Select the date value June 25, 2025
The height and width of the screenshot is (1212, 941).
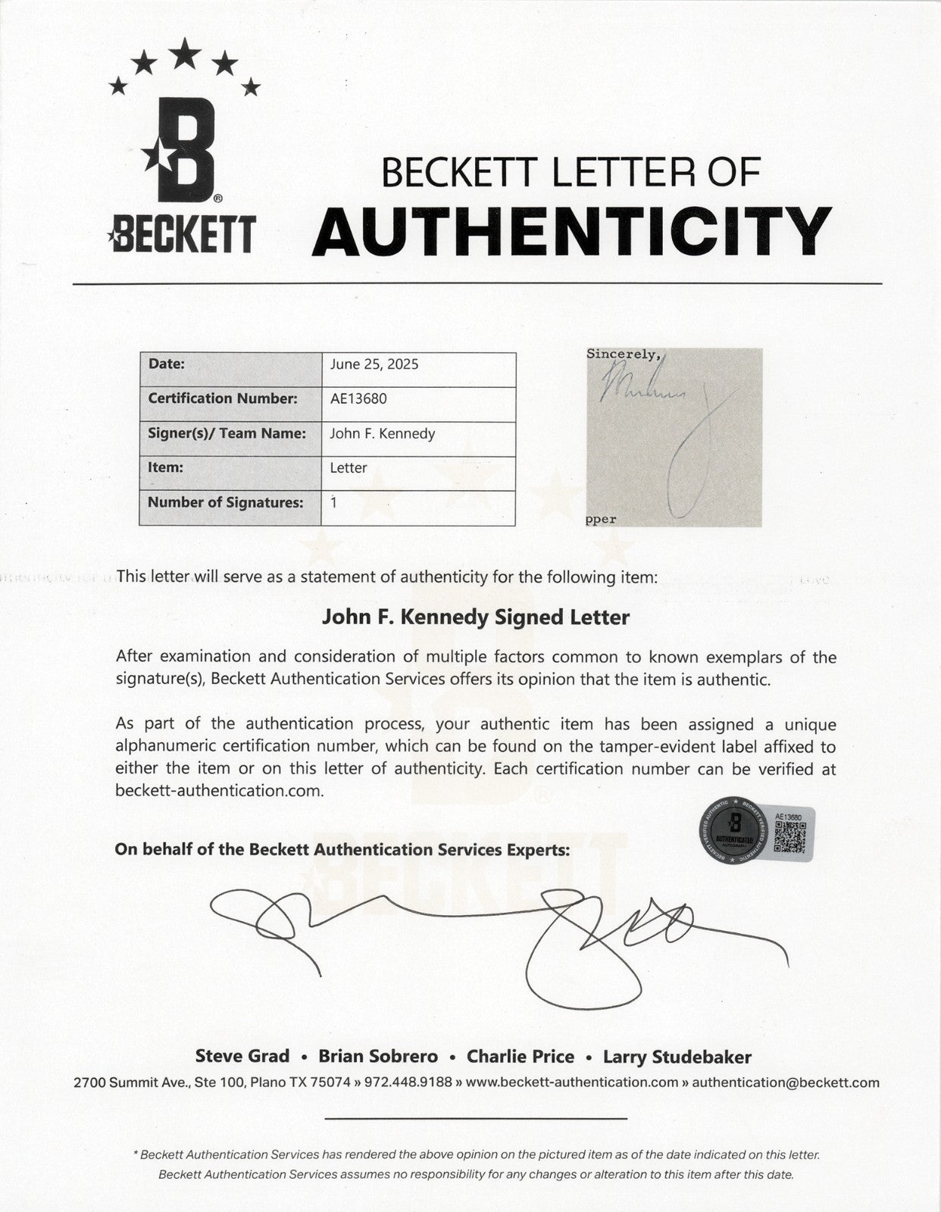(x=374, y=364)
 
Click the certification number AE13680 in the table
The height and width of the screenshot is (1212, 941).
(x=358, y=398)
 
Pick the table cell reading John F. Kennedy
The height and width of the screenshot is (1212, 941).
(x=383, y=433)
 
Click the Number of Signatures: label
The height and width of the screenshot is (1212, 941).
(x=225, y=502)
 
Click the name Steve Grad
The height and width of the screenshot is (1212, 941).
(x=242, y=1056)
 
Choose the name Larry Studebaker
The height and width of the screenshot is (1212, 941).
(x=677, y=1056)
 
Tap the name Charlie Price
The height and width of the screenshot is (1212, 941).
(x=521, y=1056)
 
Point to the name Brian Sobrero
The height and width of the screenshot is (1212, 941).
(x=378, y=1056)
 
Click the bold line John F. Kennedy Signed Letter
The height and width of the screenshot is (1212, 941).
(x=476, y=617)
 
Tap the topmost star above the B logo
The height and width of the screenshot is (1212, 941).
(x=184, y=52)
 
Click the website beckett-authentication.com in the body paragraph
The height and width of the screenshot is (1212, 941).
(x=220, y=791)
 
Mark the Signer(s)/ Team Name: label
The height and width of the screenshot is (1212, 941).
(x=227, y=433)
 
